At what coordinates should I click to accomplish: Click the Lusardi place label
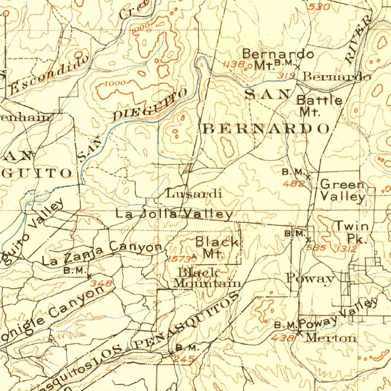(194, 194)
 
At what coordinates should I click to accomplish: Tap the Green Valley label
(343, 190)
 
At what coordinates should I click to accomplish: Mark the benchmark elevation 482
(294, 184)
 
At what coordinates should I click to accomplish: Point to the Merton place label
(331, 338)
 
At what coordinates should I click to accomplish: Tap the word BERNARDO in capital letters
(266, 129)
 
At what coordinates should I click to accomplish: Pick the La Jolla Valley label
(174, 214)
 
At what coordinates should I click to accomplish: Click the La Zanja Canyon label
(102, 254)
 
